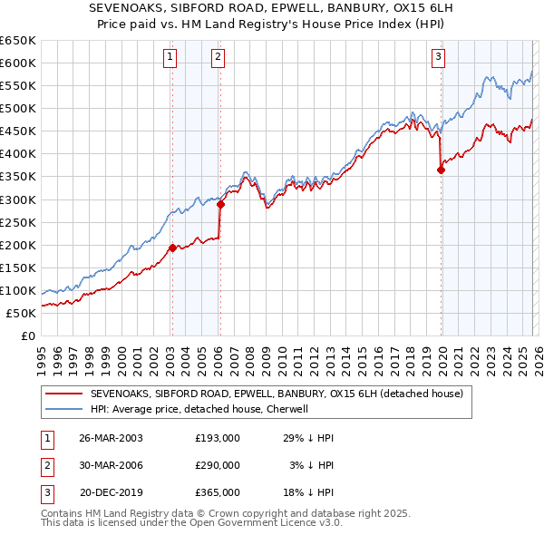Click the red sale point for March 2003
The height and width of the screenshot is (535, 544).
coord(172,247)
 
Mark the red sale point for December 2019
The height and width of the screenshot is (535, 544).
coord(441,169)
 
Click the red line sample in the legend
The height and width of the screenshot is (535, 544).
coord(64,394)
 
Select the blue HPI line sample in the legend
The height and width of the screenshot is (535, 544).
coord(64,409)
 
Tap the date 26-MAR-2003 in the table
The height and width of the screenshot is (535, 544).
coord(111,438)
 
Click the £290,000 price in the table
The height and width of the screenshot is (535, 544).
coord(217,465)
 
